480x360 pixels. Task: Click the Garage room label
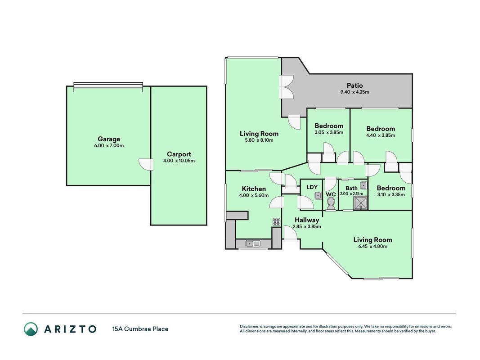pos(109,139)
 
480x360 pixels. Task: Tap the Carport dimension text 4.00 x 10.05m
pos(179,161)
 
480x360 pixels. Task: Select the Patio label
pos(354,85)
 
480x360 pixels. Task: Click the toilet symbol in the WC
pos(331,203)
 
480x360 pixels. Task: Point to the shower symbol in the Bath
pos(361,203)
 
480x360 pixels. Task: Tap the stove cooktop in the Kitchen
pos(276,222)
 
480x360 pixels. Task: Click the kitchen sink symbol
pos(252,243)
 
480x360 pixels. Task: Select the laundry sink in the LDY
pos(319,195)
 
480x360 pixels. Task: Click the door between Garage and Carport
pos(146,164)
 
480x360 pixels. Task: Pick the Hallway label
pos(307,220)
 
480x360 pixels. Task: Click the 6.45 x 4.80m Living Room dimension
pos(372,247)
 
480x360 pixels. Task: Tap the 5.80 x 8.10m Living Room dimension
pos(259,140)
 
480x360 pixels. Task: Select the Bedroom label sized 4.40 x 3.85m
pos(381,129)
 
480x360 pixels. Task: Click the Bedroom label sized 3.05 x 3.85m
pos(329,126)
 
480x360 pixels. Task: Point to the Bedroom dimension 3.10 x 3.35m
pos(391,195)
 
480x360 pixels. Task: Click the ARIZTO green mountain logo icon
pos(31,329)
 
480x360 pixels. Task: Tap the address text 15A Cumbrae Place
pos(140,329)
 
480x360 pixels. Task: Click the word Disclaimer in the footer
pos(250,327)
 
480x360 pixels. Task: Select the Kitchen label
pos(254,189)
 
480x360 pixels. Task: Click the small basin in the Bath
pos(363,185)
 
